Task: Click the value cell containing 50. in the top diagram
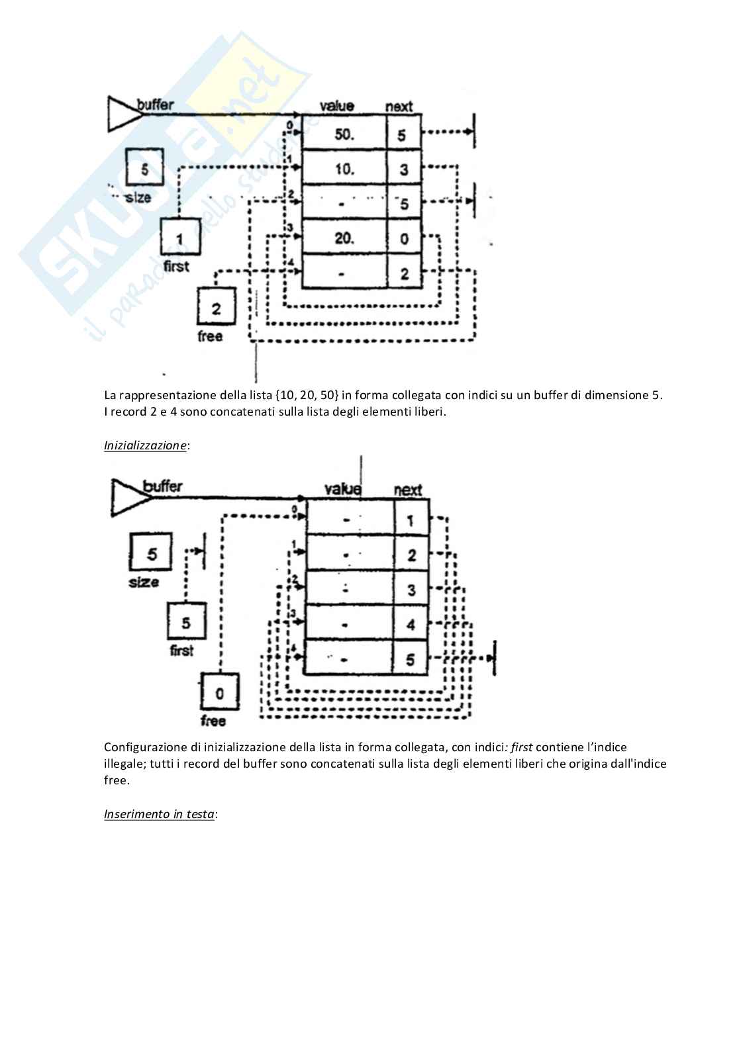[344, 134]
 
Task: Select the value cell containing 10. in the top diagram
[344, 169]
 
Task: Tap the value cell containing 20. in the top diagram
[344, 238]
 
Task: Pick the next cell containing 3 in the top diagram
[404, 169]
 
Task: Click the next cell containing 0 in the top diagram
[404, 239]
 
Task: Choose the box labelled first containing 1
[180, 237]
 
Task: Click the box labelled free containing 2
[216, 306]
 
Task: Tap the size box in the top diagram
[144, 167]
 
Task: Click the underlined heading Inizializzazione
[145, 445]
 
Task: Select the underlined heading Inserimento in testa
[159, 814]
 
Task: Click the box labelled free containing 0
[219, 692]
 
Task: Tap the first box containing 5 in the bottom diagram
[186, 621]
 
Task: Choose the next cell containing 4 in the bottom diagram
[411, 623]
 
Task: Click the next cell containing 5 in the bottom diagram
[411, 659]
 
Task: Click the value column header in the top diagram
[336, 105]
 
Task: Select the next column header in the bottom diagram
[407, 490]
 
